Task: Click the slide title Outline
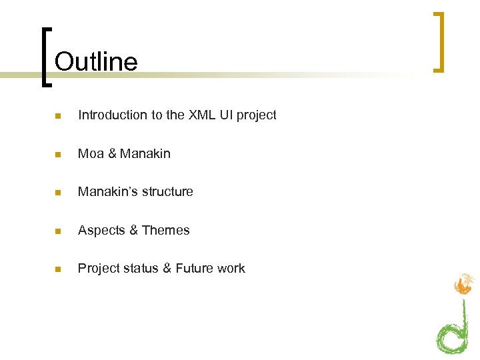coord(96,61)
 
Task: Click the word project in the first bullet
coord(256,116)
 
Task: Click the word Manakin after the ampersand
coord(145,154)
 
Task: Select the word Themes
coord(166,231)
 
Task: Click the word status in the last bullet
coord(141,269)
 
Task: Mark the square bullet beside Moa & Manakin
coord(59,155)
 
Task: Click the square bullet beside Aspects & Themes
coord(59,231)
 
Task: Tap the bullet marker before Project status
coord(59,269)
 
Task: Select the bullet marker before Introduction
coord(59,116)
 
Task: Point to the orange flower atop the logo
coord(463,285)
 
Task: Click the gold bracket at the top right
coord(438,41)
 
